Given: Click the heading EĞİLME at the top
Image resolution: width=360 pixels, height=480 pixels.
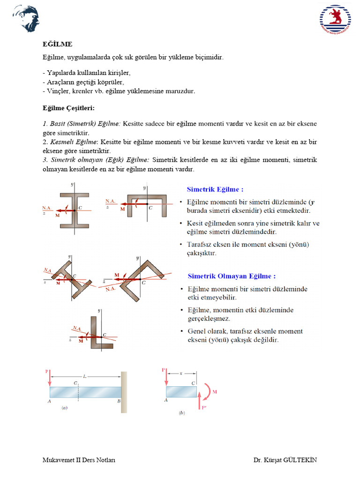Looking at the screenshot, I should click(x=57, y=44).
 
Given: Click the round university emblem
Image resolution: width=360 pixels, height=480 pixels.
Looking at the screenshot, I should click(x=335, y=19).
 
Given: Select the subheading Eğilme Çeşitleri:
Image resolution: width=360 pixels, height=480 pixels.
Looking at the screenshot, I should click(x=68, y=108).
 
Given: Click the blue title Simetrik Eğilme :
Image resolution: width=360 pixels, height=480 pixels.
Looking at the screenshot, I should click(x=215, y=189).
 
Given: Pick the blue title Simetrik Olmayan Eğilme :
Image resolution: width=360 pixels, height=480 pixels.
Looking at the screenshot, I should click(x=232, y=276).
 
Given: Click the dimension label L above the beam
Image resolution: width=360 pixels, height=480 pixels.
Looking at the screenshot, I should click(x=84, y=376).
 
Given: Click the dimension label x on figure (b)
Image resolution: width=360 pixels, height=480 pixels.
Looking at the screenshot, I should click(x=181, y=374).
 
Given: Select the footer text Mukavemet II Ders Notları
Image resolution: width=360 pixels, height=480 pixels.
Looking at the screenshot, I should click(x=79, y=460).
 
